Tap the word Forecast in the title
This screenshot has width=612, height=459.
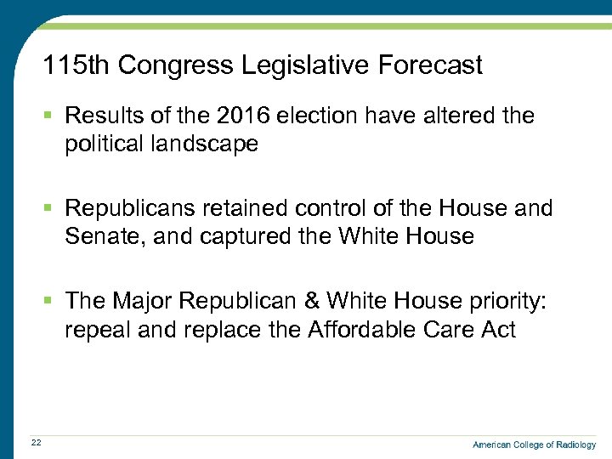[436, 65]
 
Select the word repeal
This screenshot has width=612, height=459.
[98, 329]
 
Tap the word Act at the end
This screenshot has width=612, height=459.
[496, 329]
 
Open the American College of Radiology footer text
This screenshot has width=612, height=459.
[534, 445]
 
